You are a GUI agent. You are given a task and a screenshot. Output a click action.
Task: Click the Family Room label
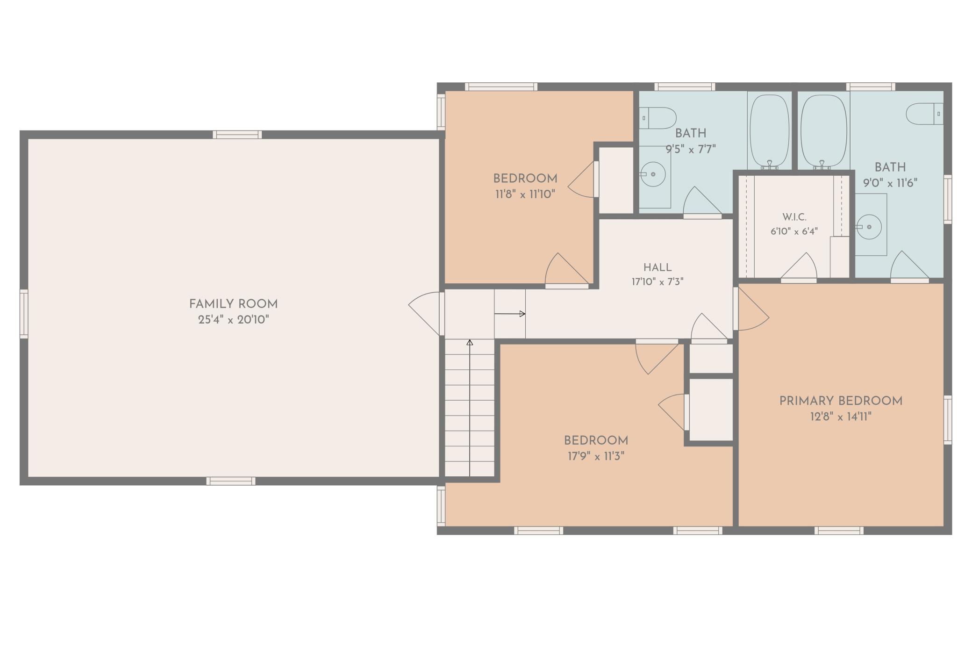(x=233, y=304)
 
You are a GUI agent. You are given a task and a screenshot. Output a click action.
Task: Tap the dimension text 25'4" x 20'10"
(x=233, y=320)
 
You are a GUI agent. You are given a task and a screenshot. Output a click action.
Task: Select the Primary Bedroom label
(x=841, y=401)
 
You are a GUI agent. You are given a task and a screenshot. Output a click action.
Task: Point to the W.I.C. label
(x=794, y=217)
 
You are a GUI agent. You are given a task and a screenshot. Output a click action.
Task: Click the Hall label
(x=658, y=268)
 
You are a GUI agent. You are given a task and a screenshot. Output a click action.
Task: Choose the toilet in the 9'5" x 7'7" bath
(x=658, y=118)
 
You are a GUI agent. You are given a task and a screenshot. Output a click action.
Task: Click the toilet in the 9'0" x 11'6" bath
(x=925, y=114)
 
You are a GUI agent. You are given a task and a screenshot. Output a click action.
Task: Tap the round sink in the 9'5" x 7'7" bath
(x=653, y=174)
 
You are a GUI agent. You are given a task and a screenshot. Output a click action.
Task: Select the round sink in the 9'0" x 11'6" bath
(x=869, y=227)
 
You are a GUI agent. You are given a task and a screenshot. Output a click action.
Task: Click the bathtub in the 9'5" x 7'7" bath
(x=769, y=130)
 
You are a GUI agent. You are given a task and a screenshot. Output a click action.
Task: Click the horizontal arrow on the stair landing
(x=510, y=314)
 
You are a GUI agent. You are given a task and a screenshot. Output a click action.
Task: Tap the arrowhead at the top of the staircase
(x=470, y=343)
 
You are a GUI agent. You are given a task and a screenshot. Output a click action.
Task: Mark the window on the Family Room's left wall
(x=23, y=313)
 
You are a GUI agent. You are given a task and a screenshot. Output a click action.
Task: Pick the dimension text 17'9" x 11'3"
(x=596, y=456)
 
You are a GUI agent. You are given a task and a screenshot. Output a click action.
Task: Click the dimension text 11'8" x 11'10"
(x=525, y=194)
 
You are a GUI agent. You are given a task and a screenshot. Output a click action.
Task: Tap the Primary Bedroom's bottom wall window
(x=839, y=531)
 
